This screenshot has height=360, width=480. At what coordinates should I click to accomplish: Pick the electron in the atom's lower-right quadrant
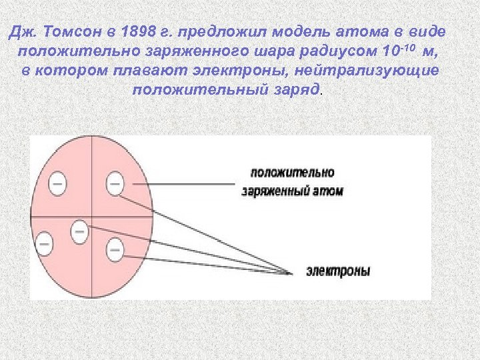115,250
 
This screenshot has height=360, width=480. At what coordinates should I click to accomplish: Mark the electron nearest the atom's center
79,231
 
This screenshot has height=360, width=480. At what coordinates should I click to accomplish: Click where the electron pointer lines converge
291,272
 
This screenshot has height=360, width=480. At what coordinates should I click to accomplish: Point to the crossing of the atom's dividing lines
91,217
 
